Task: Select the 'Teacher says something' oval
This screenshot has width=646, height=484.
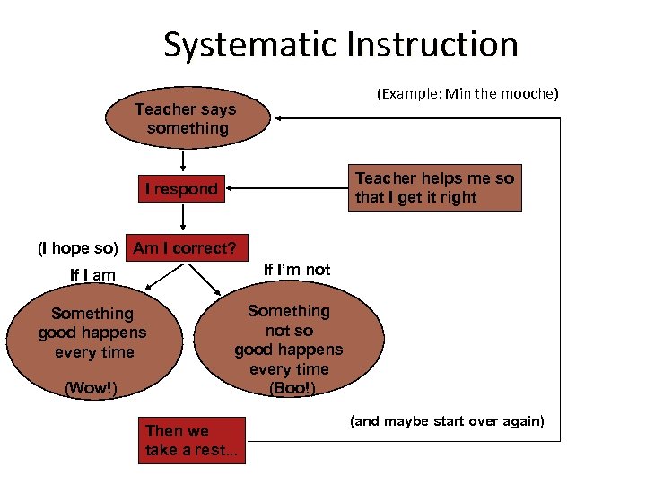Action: tap(186, 118)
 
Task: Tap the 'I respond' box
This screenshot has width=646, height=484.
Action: tap(182, 188)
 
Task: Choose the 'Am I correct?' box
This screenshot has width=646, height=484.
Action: tap(185, 248)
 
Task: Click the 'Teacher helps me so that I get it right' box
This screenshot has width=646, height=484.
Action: tap(434, 188)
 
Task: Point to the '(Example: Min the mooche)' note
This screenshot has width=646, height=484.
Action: tap(467, 93)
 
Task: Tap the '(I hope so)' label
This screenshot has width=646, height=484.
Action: tap(77, 248)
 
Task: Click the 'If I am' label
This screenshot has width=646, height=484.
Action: tap(92, 275)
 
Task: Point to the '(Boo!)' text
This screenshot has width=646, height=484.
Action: tap(292, 388)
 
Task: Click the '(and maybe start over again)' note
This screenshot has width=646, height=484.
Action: tap(447, 420)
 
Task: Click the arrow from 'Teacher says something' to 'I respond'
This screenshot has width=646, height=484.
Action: tap(183, 161)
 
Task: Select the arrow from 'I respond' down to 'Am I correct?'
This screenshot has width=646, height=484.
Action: tap(183, 218)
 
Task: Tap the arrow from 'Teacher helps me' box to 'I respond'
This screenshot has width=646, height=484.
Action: tap(287, 189)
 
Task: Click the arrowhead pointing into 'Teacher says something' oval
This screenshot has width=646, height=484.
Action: tap(280, 118)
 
